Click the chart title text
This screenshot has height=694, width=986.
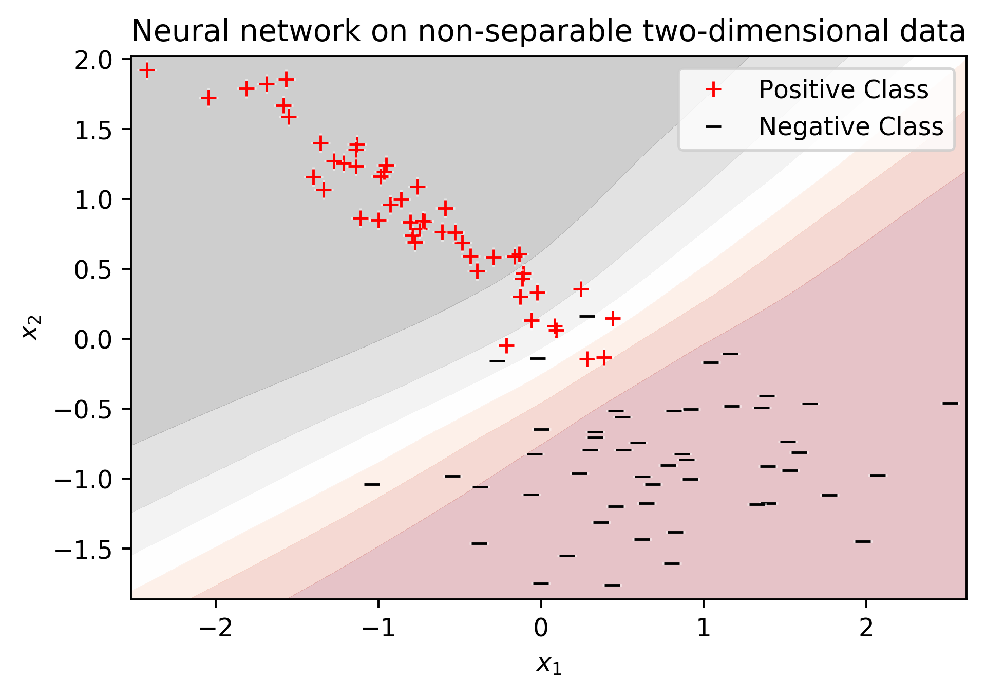[x=548, y=31]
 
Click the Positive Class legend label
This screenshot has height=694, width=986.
[x=843, y=90]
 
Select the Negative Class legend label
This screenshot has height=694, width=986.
[x=851, y=126]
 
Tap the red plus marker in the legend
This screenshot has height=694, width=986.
[x=713, y=90]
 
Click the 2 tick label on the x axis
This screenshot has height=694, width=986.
[x=866, y=629]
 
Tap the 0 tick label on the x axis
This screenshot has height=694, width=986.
[x=541, y=629]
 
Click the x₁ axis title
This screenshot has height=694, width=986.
[x=548, y=665]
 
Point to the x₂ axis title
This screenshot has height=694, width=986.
[x=31, y=327]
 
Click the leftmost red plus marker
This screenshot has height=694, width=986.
[x=147, y=70]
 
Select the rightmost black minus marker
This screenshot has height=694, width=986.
[x=950, y=403]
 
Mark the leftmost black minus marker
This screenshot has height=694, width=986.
[x=372, y=484]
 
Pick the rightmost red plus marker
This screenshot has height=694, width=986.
[x=612, y=319]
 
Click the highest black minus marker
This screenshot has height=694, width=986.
[x=587, y=316]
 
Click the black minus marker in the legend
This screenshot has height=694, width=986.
[x=713, y=127]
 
